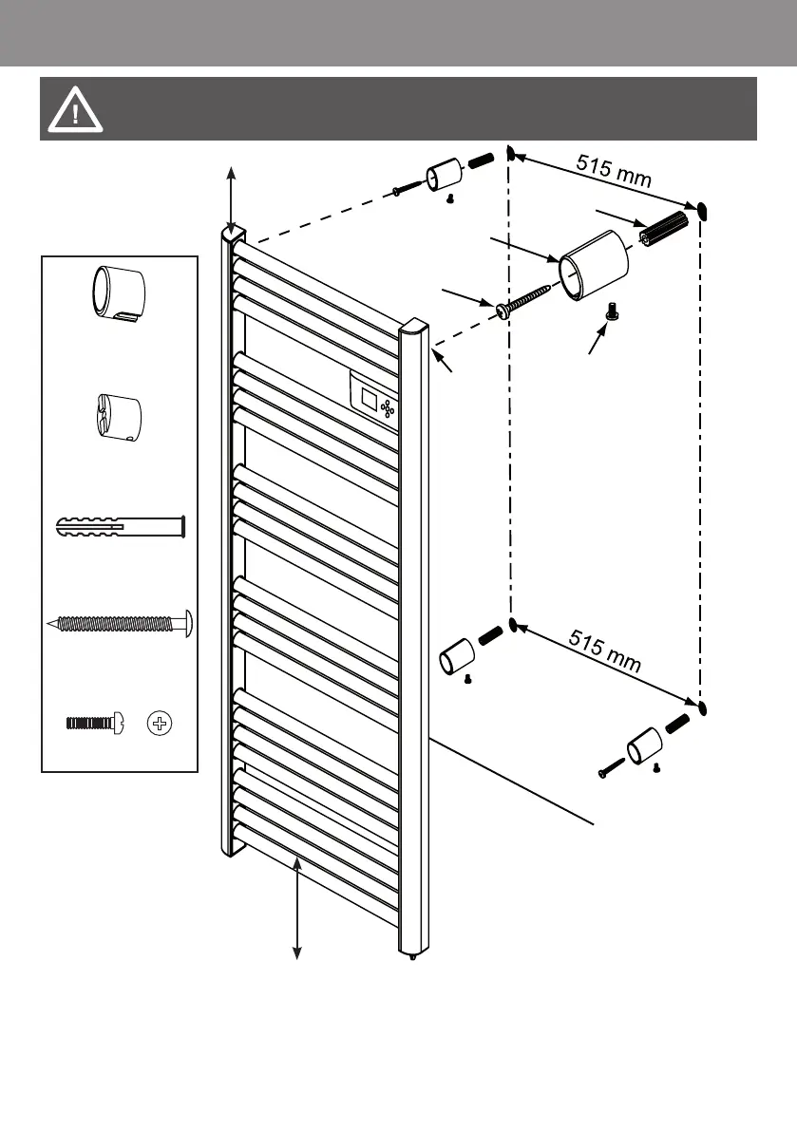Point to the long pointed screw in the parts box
click(x=120, y=624)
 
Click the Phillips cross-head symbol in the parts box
click(x=161, y=724)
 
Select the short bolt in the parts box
click(x=92, y=724)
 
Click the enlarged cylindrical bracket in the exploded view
click(x=594, y=265)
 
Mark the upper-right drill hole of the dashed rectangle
click(x=702, y=209)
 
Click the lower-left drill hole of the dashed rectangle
click(x=512, y=624)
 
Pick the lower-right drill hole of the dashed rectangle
click(x=701, y=708)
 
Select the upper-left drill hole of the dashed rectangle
click(x=510, y=154)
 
